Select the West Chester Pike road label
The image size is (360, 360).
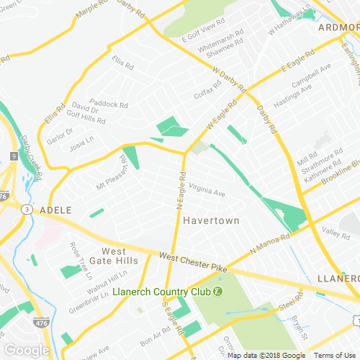[x=193, y=261]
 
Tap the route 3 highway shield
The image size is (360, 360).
[x=26, y=209]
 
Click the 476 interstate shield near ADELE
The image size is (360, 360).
[x=5, y=195]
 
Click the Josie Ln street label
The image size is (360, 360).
[x=81, y=144]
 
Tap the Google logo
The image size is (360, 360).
[x=26, y=350]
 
